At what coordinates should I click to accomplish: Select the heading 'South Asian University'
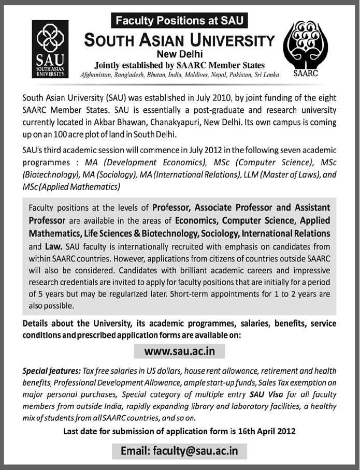click(179, 39)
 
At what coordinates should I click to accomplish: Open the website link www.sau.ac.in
click(180, 351)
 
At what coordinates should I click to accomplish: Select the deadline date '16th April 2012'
click(264, 431)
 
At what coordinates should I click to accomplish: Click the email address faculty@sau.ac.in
click(180, 450)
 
